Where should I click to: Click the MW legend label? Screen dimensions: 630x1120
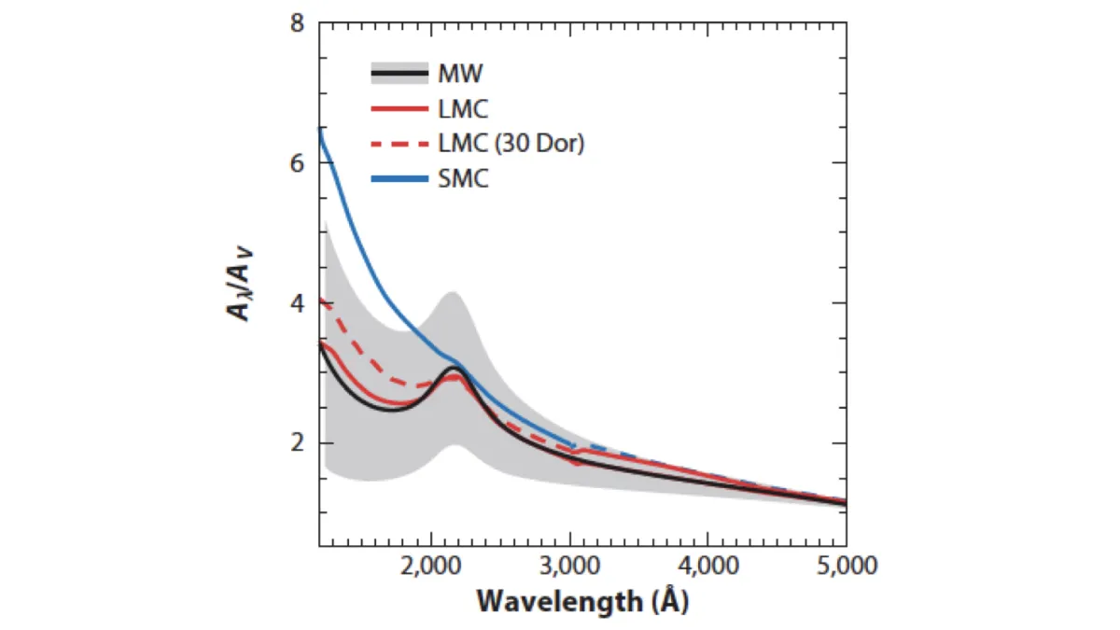(459, 73)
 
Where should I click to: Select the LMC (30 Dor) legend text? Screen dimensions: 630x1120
(511, 144)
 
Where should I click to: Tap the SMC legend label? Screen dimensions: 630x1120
(463, 179)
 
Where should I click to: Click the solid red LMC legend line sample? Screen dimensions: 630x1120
(399, 108)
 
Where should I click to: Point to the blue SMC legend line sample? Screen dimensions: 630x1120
(399, 179)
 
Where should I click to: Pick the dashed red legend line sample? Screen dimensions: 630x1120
(399, 144)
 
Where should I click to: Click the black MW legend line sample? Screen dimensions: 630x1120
(399, 73)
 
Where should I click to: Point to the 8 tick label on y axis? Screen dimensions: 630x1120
(299, 23)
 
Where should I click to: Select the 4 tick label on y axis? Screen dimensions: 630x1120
(299, 303)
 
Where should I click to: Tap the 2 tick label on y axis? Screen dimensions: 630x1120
(299, 442)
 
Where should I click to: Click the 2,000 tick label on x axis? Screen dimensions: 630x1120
(430, 566)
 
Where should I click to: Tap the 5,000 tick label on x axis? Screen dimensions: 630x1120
(845, 566)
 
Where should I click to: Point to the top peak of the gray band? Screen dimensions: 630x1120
(451, 293)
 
